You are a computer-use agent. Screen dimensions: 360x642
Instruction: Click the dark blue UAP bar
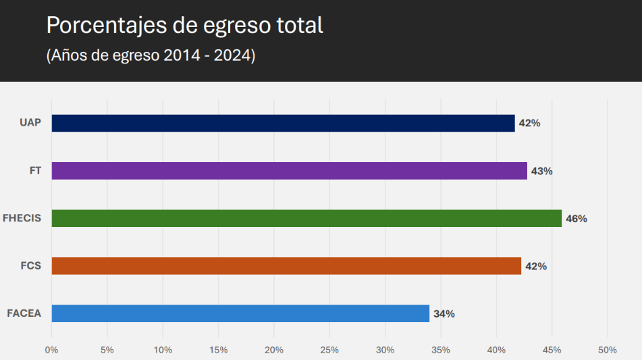click(x=283, y=123)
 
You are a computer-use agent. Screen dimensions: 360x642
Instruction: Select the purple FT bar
click(x=289, y=171)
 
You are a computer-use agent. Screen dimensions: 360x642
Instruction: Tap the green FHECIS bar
click(x=306, y=218)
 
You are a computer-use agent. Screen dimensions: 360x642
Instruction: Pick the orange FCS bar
click(x=286, y=266)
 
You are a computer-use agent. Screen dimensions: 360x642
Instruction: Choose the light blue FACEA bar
click(x=240, y=313)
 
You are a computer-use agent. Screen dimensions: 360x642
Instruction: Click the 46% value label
click(x=577, y=219)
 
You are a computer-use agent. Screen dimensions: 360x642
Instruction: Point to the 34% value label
click(x=444, y=314)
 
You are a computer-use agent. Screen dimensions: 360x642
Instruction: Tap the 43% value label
click(x=541, y=172)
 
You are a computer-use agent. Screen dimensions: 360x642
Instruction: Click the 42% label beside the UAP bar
click(x=530, y=124)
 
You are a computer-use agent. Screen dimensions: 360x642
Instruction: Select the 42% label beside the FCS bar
click(x=536, y=267)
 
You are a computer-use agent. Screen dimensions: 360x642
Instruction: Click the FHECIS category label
click(x=22, y=218)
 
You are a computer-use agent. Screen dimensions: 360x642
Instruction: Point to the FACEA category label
click(x=24, y=313)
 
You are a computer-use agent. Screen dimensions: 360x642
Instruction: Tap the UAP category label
click(x=31, y=123)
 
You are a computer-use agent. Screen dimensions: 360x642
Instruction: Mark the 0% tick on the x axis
click(x=51, y=350)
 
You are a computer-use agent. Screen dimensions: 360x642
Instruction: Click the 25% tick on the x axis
click(x=329, y=350)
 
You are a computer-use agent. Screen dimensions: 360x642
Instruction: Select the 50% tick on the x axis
click(x=608, y=350)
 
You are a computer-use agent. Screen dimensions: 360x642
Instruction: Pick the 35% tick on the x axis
click(x=441, y=350)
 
